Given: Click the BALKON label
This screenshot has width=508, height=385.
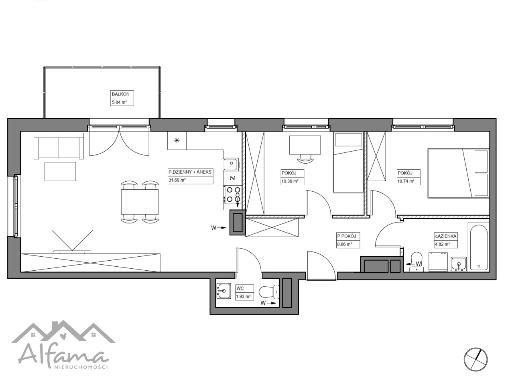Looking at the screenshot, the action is click(x=120, y=94).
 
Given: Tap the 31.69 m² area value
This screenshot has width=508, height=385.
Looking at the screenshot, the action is click(x=177, y=180).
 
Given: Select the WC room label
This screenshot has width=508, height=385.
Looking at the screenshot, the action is click(x=240, y=288).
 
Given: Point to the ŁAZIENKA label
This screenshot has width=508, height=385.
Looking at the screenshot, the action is click(x=445, y=236).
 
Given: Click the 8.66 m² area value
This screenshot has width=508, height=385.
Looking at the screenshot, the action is click(x=345, y=244).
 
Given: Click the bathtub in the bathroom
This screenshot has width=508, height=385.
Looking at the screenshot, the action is click(x=479, y=247).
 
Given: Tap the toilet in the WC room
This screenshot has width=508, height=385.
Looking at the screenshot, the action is click(x=269, y=292).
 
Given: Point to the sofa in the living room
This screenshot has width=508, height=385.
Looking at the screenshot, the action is click(x=59, y=146).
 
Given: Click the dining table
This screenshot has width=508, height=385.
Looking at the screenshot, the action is click(x=140, y=202).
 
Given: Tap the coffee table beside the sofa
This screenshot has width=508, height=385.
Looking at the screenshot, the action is click(x=61, y=171).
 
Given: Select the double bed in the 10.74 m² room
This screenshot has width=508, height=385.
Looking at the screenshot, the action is click(x=459, y=173).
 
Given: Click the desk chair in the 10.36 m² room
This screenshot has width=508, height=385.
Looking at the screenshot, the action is click(x=305, y=159).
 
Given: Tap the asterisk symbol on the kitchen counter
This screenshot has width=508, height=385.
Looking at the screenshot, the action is click(x=177, y=140).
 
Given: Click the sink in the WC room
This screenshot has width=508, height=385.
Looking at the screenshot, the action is click(x=224, y=291).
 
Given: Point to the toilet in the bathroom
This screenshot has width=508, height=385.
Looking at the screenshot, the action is click(x=417, y=261).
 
